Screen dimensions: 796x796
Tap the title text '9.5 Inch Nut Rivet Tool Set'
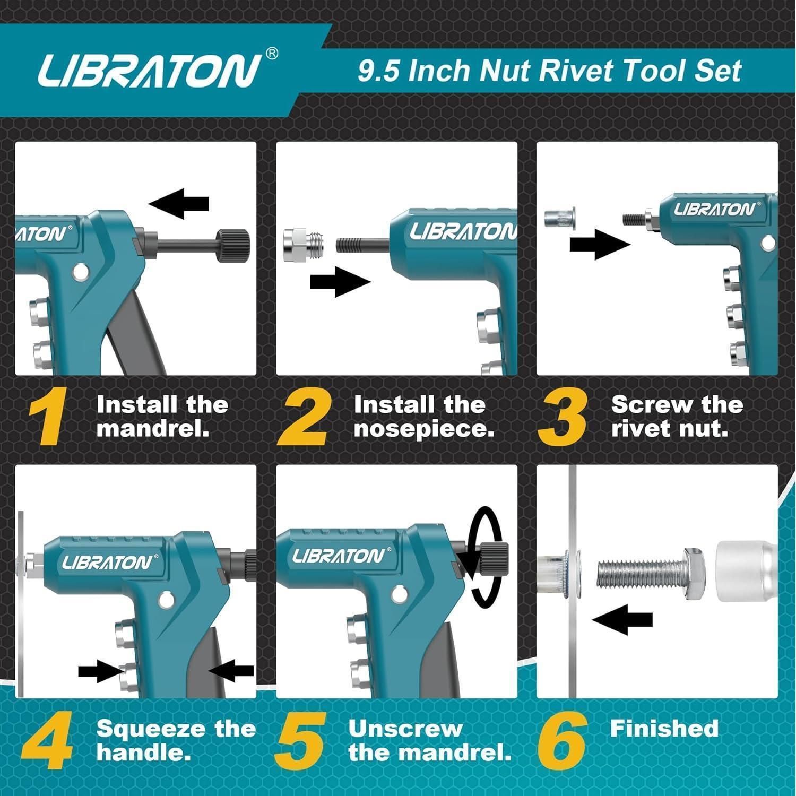pyautogui.click(x=549, y=71)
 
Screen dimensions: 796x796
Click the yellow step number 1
pyautogui.click(x=48, y=417)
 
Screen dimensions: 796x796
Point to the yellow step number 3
pyautogui.click(x=563, y=417)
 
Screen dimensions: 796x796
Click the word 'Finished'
pyautogui.click(x=664, y=729)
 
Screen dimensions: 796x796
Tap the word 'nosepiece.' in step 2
pyautogui.click(x=424, y=429)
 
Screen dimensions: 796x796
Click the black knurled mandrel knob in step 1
pyautogui.click(x=232, y=245)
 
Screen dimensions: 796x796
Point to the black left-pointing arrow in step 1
pyautogui.click(x=178, y=203)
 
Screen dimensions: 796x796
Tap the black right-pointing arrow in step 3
pyautogui.click(x=600, y=245)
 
